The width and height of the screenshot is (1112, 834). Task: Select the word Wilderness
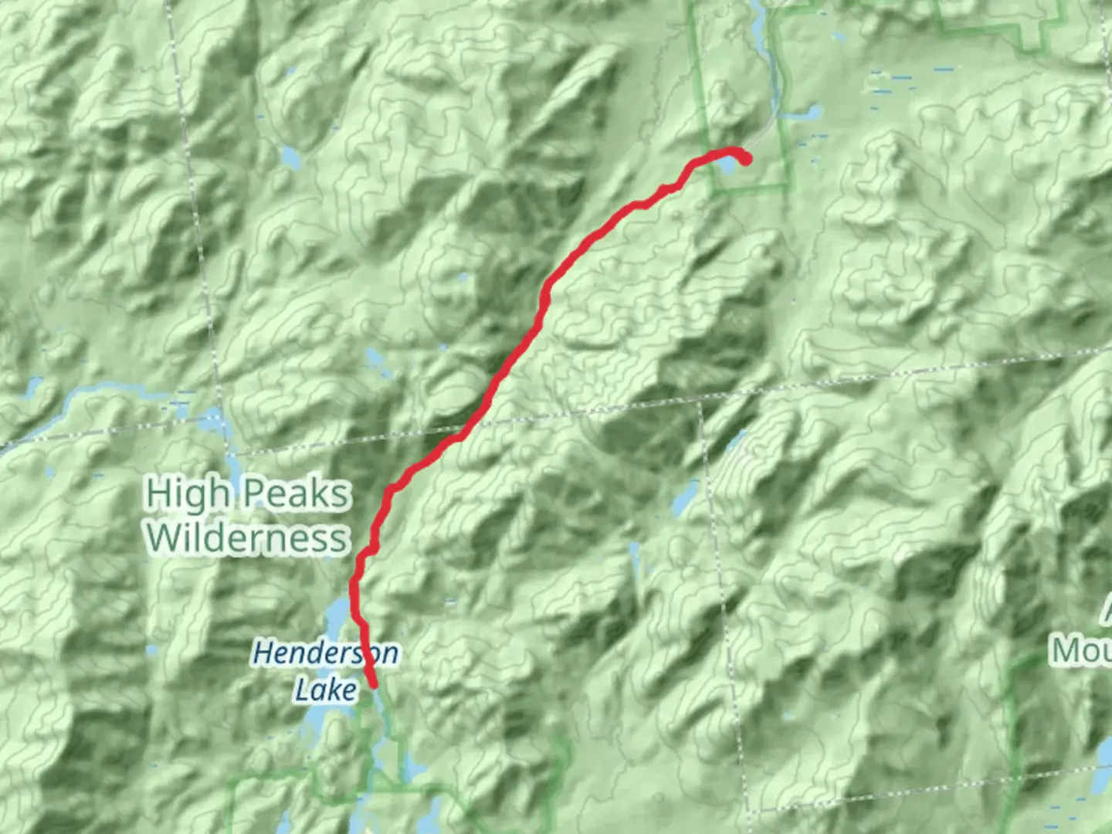click(x=247, y=537)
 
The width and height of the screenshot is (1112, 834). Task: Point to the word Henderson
click(x=325, y=653)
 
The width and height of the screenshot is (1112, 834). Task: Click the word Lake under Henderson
click(x=325, y=690)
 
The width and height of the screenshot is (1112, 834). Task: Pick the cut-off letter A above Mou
click(x=1106, y=614)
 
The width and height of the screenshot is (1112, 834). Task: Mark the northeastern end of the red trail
click(x=746, y=160)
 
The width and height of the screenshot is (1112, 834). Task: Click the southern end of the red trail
click(x=374, y=684)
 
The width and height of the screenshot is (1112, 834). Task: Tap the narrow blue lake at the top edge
click(x=760, y=27)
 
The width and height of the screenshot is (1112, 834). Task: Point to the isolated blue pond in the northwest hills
click(x=291, y=158)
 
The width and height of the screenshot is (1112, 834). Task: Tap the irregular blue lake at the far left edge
click(x=35, y=387)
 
